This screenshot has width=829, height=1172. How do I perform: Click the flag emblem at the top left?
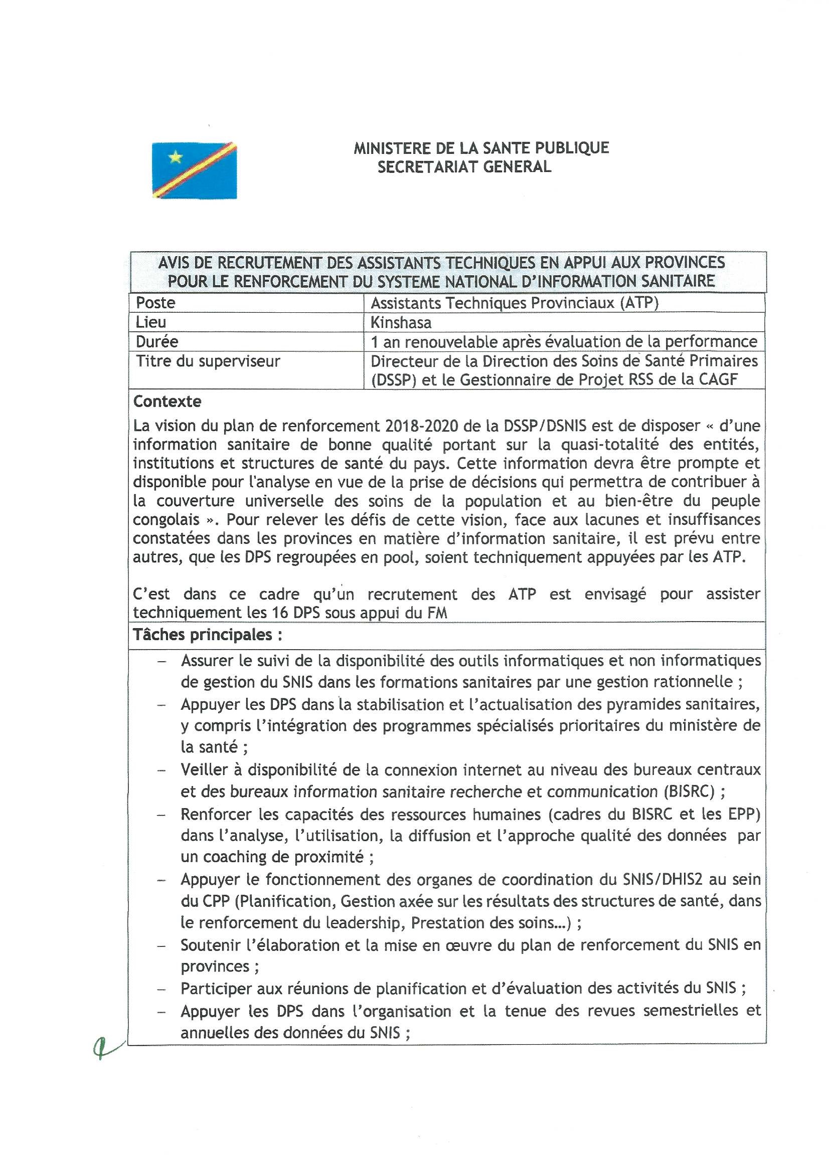pyautogui.click(x=194, y=170)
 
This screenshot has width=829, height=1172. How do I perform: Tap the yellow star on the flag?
pyautogui.click(x=175, y=157)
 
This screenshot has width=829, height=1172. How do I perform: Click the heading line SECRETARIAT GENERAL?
pyautogui.click(x=464, y=167)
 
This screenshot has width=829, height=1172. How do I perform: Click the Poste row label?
pyautogui.click(x=155, y=303)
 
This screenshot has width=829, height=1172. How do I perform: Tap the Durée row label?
pyautogui.click(x=156, y=341)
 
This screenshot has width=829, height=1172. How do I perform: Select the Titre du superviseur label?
pyautogui.click(x=208, y=361)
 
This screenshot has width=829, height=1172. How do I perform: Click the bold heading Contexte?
pyautogui.click(x=167, y=402)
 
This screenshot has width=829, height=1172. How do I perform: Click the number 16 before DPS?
pyautogui.click(x=280, y=613)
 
